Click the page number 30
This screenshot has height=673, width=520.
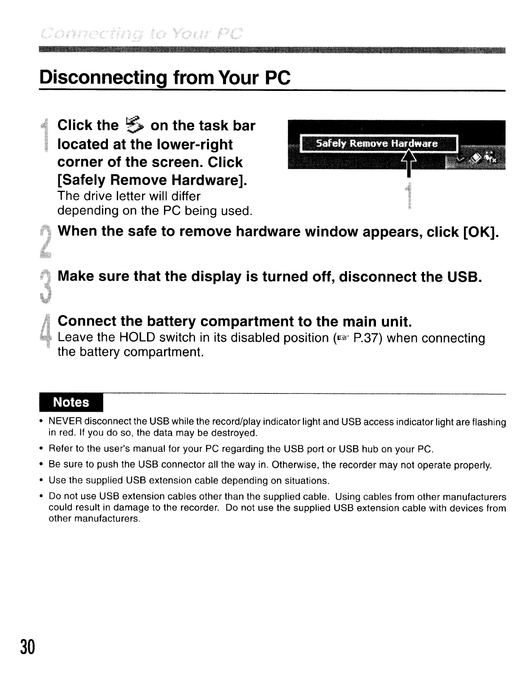pyautogui.click(x=26, y=647)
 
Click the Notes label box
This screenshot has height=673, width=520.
pyautogui.click(x=71, y=402)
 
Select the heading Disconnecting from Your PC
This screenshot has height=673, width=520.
pyautogui.click(x=165, y=78)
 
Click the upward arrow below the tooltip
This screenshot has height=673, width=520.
pyautogui.click(x=408, y=164)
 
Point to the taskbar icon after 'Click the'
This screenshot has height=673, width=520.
pyautogui.click(x=135, y=125)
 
